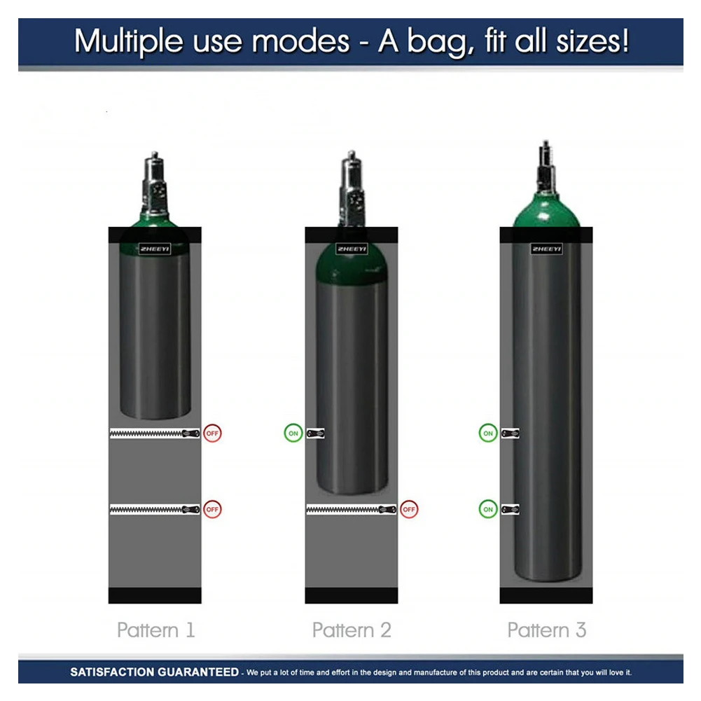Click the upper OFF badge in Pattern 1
tap(213, 433)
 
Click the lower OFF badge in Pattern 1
tap(213, 509)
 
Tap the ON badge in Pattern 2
tap(293, 433)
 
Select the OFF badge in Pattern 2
tap(410, 509)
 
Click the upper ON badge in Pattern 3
tap(488, 433)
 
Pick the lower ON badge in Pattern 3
tap(488, 509)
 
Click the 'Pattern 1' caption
tap(155, 630)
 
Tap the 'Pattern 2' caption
tap(352, 630)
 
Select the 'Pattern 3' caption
tap(546, 630)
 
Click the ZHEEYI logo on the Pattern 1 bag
tap(155, 249)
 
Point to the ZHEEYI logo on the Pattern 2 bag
tap(352, 249)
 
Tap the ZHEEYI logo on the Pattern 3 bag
tap(546, 249)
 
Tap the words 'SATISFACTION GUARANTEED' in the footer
tap(154, 672)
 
